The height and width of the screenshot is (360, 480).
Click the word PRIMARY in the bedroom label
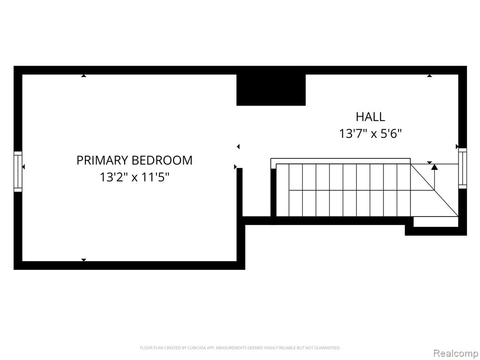[103, 160]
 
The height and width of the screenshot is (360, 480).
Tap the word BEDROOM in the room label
[162, 160]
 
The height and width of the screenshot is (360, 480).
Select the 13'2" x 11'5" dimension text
[135, 177]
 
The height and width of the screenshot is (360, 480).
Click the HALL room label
[370, 117]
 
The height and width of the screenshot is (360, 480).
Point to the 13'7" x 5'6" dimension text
[370, 134]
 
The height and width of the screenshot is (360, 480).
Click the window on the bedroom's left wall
[18, 172]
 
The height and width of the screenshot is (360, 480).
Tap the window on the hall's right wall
[462, 168]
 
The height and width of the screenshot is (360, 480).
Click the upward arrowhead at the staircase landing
[434, 167]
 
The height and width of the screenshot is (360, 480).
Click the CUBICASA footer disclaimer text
[240, 348]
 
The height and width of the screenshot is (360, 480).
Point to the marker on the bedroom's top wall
[83, 75]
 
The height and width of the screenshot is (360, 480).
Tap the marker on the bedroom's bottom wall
[83, 260]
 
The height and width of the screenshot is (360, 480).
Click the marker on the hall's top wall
[429, 75]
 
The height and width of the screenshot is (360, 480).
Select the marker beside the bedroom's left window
[23, 167]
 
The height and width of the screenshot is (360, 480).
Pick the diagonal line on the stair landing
[435, 190]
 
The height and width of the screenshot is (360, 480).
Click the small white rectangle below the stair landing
[435, 222]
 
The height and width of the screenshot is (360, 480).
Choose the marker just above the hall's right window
[457, 147]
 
